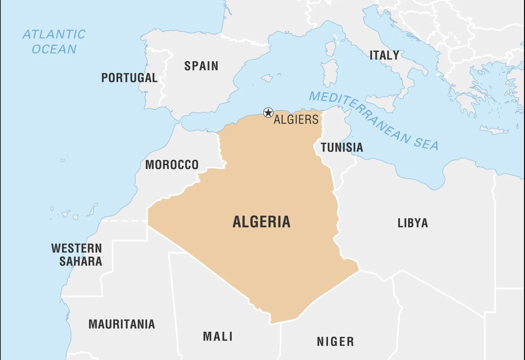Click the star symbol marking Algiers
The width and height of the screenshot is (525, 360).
point(268,113)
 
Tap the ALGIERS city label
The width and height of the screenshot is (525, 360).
point(296,119)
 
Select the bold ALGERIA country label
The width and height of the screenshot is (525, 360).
point(261,222)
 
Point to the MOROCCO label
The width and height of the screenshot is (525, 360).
point(171,165)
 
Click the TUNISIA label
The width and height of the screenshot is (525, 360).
point(342,147)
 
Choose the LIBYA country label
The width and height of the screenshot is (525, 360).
point(413,223)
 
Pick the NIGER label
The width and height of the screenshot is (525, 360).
point(336,341)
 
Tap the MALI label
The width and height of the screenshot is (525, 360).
point(218,336)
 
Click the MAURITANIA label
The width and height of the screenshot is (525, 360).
point(122,324)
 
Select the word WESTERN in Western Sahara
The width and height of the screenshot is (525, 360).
point(77,248)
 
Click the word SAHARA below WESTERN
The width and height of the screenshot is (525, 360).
point(80,262)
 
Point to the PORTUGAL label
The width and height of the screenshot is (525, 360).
point(129,78)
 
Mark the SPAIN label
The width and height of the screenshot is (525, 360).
point(201,66)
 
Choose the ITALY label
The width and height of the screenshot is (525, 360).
point(384,55)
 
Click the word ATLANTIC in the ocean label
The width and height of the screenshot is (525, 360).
point(54,35)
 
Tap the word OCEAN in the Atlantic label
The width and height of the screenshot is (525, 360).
point(54,49)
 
